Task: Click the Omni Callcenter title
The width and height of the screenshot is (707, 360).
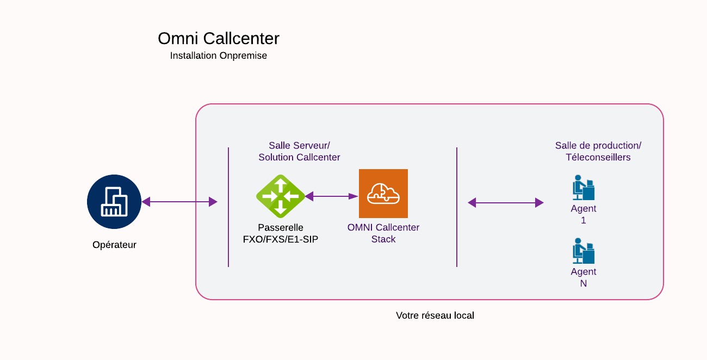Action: (x=219, y=39)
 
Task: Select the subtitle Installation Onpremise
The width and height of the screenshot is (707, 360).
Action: (x=219, y=55)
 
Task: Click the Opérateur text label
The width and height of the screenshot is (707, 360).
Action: (x=114, y=245)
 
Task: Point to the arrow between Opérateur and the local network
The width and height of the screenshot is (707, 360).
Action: (x=179, y=202)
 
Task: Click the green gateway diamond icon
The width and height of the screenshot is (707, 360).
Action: (x=281, y=196)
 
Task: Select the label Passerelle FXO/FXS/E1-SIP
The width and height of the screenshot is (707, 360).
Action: (x=281, y=233)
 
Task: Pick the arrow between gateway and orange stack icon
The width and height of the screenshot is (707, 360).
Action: (x=332, y=196)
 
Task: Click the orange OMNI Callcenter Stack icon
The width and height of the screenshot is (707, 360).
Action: (x=383, y=194)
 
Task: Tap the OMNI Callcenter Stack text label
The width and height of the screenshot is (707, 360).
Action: (x=383, y=233)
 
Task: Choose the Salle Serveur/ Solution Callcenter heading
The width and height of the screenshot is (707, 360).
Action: (x=299, y=151)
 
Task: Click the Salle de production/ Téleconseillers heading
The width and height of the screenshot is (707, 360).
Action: (x=598, y=151)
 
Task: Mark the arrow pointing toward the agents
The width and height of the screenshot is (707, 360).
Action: (x=506, y=203)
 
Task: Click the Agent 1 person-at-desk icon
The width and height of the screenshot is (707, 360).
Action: (x=584, y=188)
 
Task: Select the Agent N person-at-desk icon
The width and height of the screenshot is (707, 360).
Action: (x=584, y=251)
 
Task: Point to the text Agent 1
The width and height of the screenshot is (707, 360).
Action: (x=584, y=214)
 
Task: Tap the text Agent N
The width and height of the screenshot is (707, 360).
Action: (x=584, y=277)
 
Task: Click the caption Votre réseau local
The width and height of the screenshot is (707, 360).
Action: (x=435, y=315)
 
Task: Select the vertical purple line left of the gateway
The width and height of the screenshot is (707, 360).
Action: (x=228, y=207)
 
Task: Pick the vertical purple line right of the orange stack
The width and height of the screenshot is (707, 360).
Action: (x=457, y=207)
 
